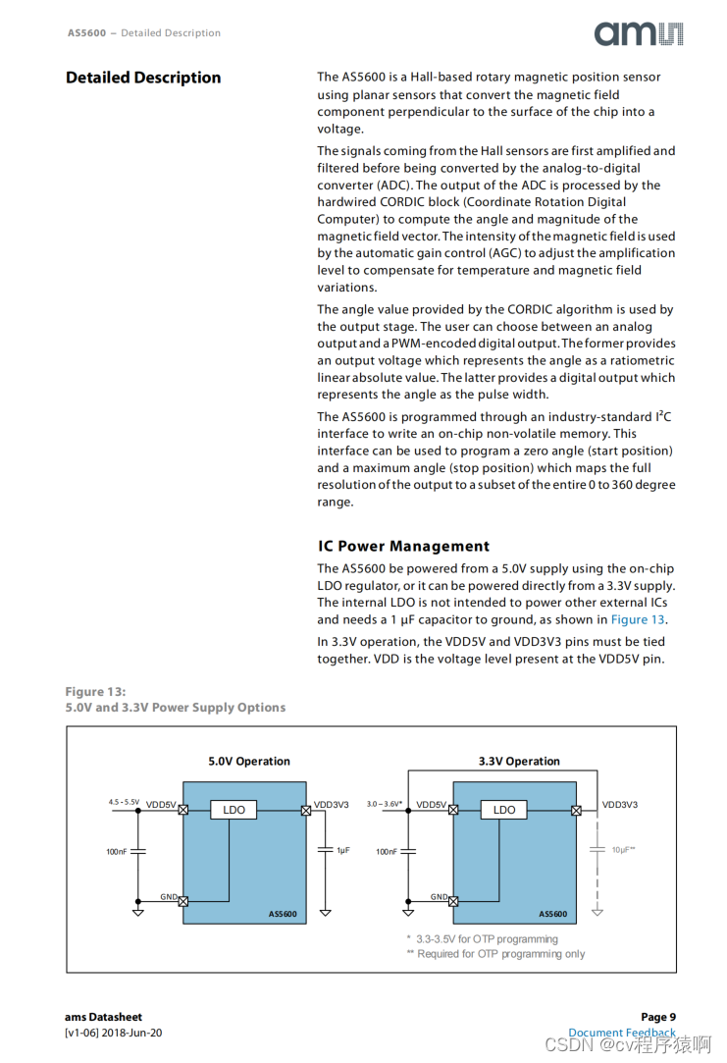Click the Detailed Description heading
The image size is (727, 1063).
143,78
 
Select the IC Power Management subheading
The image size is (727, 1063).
403,546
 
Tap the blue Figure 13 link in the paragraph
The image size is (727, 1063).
638,619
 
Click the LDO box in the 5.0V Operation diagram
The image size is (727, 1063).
234,810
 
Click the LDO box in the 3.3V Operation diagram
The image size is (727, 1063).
503,810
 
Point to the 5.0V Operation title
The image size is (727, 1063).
249,761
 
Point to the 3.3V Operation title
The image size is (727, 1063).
519,761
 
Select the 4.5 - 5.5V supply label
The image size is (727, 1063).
124,803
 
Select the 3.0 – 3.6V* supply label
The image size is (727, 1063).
385,804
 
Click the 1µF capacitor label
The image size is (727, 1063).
342,850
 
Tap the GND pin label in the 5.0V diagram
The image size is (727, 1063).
169,896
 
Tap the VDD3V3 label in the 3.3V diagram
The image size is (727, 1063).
619,805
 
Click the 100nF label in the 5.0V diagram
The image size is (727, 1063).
117,852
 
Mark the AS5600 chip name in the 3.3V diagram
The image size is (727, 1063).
552,914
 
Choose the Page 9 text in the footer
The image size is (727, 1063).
658,1017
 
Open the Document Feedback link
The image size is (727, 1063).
622,1033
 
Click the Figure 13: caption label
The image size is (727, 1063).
95,691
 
